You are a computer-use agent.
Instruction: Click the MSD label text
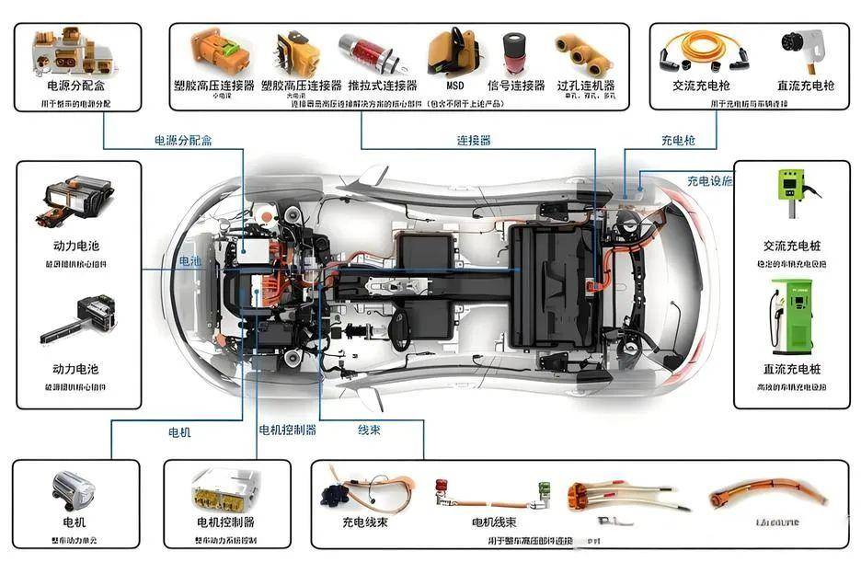coord(455,86)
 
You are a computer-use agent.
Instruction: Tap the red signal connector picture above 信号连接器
coord(513,54)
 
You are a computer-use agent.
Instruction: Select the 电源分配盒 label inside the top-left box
coord(77,86)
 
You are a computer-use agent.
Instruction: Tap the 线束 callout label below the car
coord(369,430)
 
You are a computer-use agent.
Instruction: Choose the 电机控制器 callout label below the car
coord(287,430)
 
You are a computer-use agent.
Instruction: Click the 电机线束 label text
coord(494,522)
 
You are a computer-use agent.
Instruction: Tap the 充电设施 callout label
coord(710,180)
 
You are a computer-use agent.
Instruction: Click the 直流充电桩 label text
coord(791,369)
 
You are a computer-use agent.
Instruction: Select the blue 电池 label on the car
coord(189,261)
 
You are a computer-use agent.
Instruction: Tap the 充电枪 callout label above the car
coord(678,141)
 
